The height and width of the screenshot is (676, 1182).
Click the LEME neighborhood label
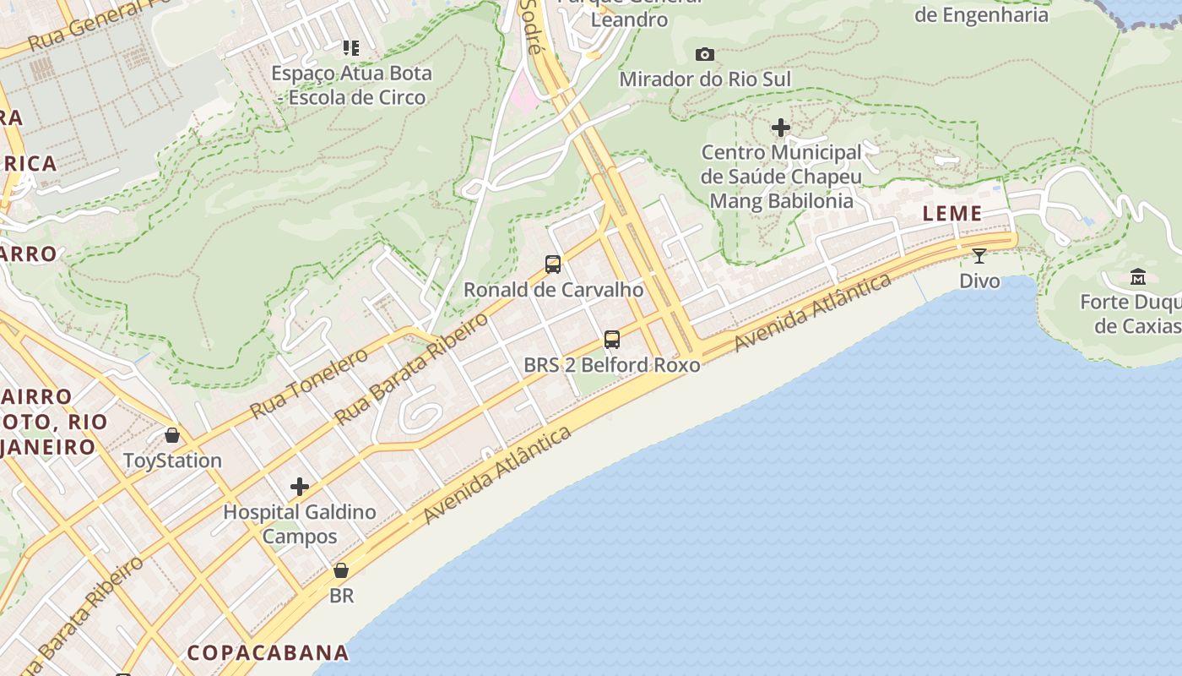click(x=952, y=214)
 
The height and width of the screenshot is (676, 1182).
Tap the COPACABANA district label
click(x=268, y=652)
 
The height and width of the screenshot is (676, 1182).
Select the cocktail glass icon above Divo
click(x=979, y=256)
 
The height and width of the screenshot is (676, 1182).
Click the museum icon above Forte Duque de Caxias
click(x=1137, y=277)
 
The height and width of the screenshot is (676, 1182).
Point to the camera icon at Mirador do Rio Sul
click(x=705, y=55)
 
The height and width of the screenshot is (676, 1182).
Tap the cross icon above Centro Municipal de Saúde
click(x=781, y=128)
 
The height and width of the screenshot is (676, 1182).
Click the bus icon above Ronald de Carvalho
click(x=553, y=264)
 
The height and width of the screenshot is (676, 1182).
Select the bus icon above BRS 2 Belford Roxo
click(x=612, y=340)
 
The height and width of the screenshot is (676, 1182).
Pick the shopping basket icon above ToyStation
click(x=172, y=435)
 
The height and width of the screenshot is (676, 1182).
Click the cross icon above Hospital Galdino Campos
click(x=299, y=487)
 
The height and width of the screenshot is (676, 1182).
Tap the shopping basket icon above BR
click(x=341, y=570)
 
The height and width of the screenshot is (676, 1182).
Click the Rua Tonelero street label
click(x=309, y=383)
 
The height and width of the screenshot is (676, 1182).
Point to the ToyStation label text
click(x=172, y=461)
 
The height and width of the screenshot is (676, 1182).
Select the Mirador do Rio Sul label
click(x=705, y=79)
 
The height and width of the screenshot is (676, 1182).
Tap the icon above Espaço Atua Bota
click(x=351, y=48)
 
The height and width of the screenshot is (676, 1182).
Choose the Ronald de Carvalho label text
click(x=553, y=290)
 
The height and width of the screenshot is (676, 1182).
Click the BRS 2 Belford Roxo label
click(x=612, y=365)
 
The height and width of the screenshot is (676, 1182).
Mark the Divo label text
click(x=979, y=281)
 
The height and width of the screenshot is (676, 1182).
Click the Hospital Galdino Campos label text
click(x=299, y=524)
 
